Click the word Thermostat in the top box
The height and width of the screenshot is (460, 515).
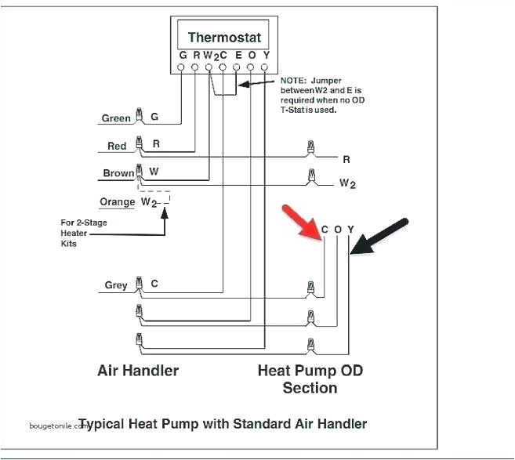click(x=224, y=38)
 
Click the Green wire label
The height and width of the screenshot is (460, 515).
click(x=116, y=119)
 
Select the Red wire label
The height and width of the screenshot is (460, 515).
click(x=117, y=147)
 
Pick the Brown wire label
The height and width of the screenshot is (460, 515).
click(x=118, y=173)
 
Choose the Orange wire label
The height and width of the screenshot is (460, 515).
click(x=118, y=202)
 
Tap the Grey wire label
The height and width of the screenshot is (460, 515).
click(x=116, y=285)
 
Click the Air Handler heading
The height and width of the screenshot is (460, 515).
click(x=138, y=370)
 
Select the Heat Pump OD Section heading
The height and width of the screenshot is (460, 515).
click(x=310, y=378)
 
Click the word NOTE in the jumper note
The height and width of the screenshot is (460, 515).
click(x=293, y=81)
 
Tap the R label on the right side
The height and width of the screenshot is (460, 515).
click(x=346, y=159)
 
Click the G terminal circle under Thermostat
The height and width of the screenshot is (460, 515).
click(x=182, y=69)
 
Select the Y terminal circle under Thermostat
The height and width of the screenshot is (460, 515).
click(x=266, y=69)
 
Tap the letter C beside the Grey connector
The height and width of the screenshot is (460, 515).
click(x=154, y=284)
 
